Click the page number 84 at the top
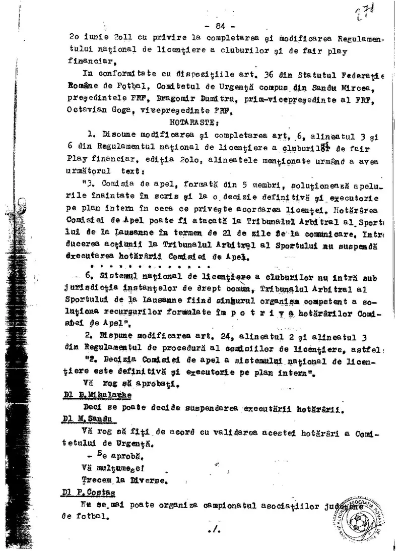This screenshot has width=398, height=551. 218,26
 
